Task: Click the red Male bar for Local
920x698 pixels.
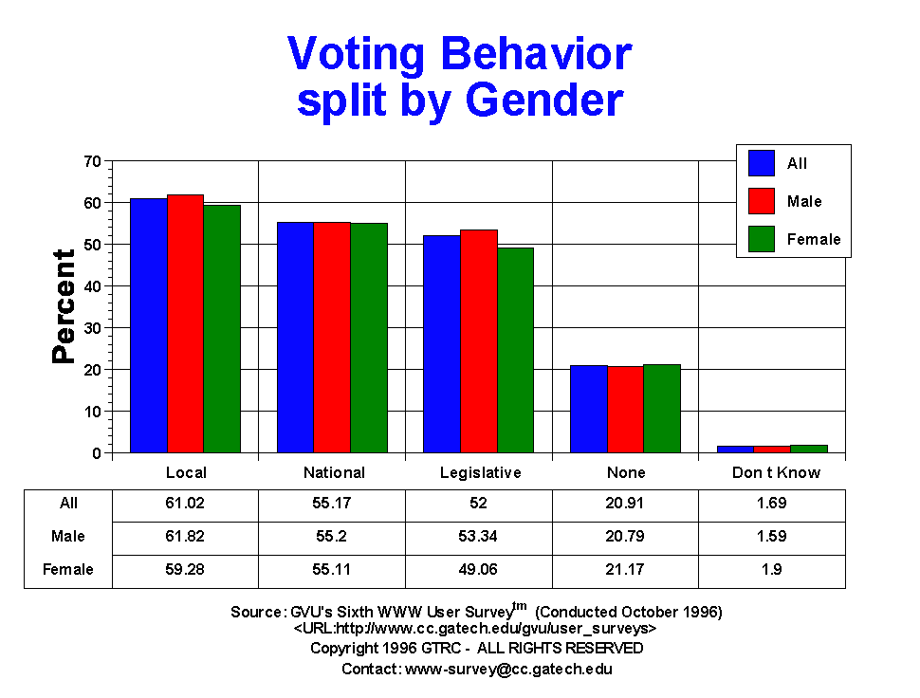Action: tap(185, 323)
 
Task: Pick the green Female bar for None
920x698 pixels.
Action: tap(662, 408)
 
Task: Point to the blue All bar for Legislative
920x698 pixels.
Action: tap(442, 343)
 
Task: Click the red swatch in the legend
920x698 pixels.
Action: tap(762, 201)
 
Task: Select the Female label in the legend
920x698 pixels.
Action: tap(814, 239)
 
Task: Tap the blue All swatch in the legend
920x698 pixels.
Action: tap(762, 163)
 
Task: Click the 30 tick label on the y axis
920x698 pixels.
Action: tap(93, 328)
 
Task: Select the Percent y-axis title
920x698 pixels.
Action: tap(64, 306)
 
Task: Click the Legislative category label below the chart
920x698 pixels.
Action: tap(481, 472)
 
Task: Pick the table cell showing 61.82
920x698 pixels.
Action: tap(186, 536)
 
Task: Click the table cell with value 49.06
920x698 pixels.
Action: tap(481, 569)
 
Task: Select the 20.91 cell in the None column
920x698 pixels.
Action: tap(626, 503)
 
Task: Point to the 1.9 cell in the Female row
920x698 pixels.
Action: tap(772, 569)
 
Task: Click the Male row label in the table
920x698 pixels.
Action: tap(68, 536)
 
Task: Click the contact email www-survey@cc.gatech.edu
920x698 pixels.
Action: tap(508, 669)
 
